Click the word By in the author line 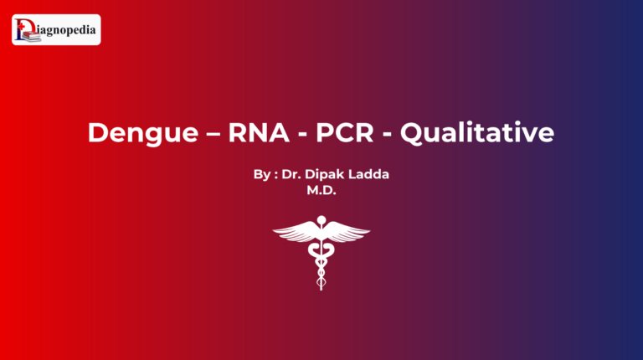tap(261, 176)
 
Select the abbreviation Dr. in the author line tap(291, 176)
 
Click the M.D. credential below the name tap(321, 191)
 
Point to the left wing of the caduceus tap(296, 234)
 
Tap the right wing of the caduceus tap(347, 234)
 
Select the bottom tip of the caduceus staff tap(321, 287)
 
